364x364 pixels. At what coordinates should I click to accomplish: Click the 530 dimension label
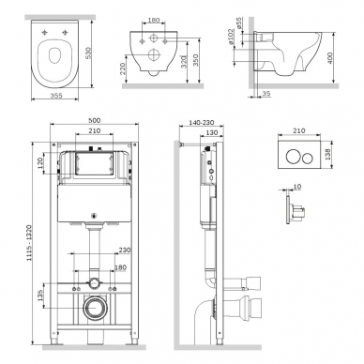pos(89,53)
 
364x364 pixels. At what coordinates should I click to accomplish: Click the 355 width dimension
pos(56,96)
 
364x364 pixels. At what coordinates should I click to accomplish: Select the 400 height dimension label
pos(329,58)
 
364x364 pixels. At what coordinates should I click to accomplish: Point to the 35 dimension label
pos(266,94)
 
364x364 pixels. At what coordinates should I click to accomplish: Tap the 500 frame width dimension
pos(94,120)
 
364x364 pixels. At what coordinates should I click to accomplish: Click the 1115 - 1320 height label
pos(29,243)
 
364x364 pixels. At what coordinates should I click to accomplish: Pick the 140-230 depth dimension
pos(201,123)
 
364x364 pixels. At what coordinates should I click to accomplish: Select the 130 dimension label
pos(212,132)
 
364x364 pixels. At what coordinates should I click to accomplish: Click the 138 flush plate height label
pos(328,154)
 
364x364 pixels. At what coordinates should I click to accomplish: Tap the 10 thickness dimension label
pos(297,187)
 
